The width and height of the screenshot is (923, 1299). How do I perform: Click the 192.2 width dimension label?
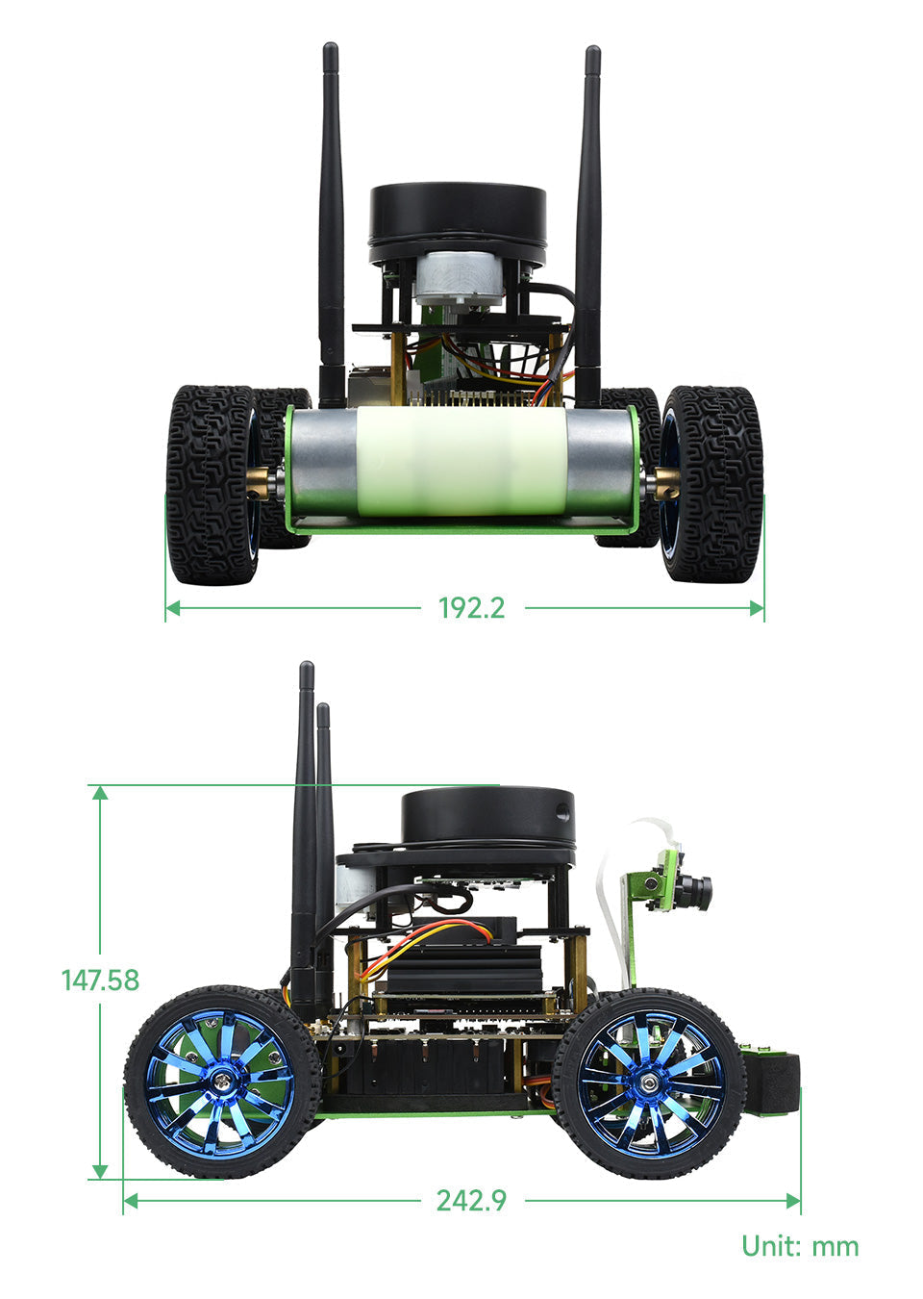(471, 608)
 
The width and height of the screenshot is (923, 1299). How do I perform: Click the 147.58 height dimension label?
(100, 980)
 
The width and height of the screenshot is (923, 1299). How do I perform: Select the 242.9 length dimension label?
(471, 1200)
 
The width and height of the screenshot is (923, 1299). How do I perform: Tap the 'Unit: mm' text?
(800, 1246)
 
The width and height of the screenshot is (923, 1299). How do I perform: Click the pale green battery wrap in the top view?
(461, 462)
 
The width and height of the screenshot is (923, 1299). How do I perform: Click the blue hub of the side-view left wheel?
(222, 1082)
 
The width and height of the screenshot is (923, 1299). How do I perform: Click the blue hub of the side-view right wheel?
(651, 1082)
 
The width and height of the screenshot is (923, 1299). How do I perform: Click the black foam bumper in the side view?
(776, 1082)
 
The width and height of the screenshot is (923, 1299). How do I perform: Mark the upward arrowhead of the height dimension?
(99, 791)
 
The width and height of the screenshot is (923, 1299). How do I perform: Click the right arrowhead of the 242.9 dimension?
(793, 1200)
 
